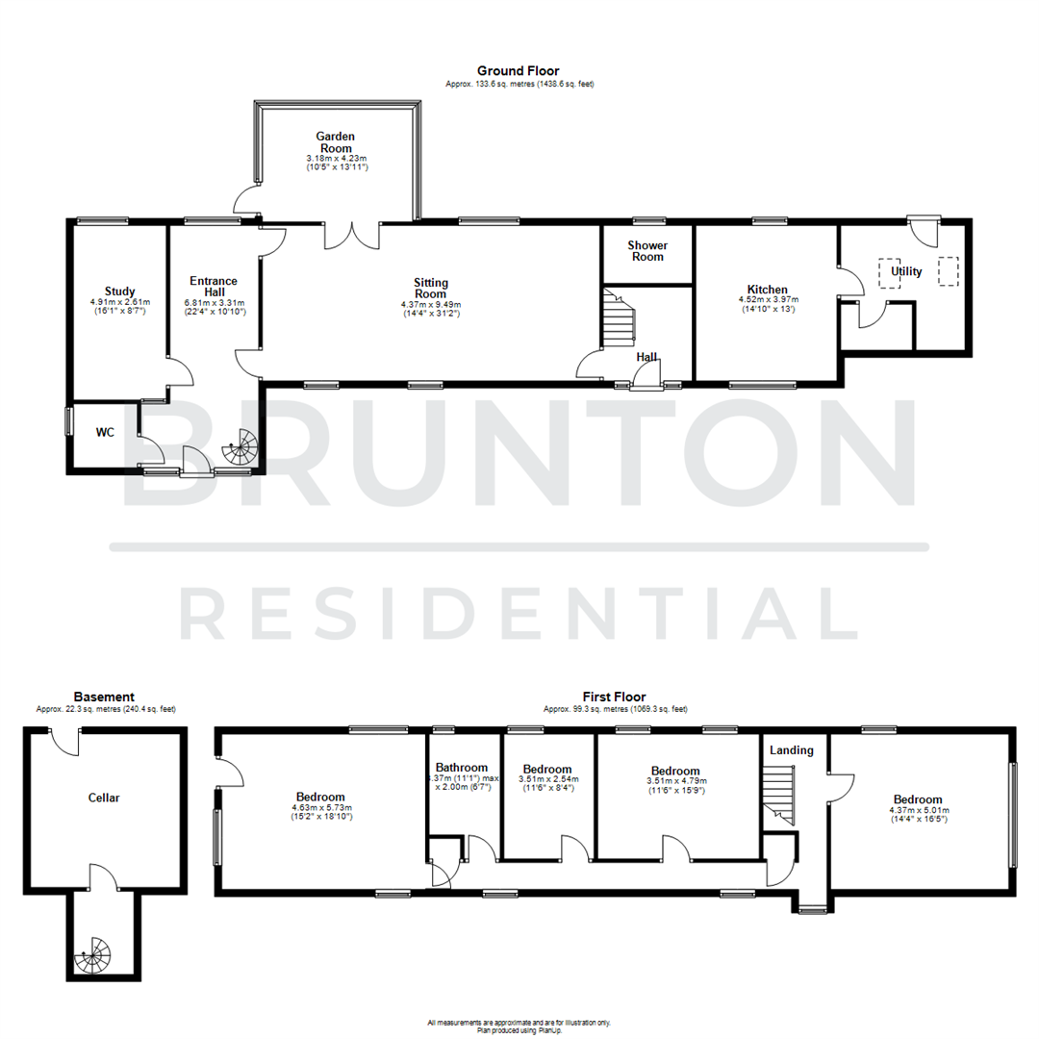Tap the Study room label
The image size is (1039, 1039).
click(x=120, y=291)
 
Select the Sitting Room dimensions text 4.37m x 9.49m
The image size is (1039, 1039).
click(x=430, y=306)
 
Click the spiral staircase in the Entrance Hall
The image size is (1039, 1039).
click(x=241, y=448)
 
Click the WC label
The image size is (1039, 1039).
click(x=105, y=433)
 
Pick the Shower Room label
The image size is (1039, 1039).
click(x=646, y=251)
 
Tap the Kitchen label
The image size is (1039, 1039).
click(x=767, y=290)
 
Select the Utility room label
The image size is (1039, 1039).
click(x=906, y=271)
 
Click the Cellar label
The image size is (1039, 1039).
click(x=104, y=798)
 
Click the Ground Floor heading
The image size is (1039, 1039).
click(x=519, y=71)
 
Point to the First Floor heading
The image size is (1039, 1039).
click(x=614, y=697)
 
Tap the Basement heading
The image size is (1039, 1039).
click(x=104, y=697)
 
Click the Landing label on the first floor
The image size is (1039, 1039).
click(x=792, y=750)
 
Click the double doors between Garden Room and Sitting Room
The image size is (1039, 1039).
click(x=353, y=233)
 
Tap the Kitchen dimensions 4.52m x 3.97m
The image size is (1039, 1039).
click(x=767, y=300)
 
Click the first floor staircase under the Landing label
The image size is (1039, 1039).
click(x=779, y=795)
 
